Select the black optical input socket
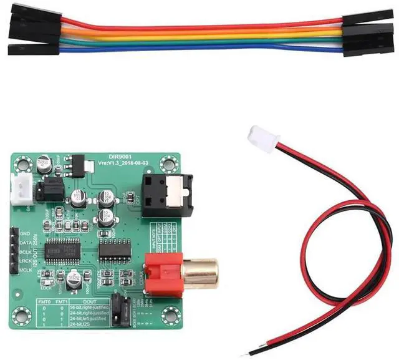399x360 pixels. (163, 194)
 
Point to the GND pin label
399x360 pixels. (26, 232)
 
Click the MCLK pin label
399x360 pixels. (26, 270)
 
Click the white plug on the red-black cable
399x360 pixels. (261, 139)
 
